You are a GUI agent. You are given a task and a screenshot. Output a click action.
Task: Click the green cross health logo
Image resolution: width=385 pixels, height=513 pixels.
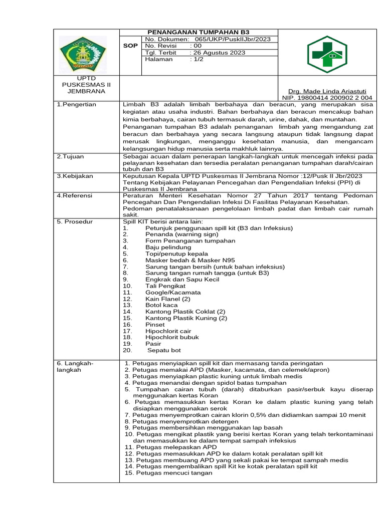click(327, 54)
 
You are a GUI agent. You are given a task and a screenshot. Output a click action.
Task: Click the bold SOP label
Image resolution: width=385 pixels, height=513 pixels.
click(130, 46)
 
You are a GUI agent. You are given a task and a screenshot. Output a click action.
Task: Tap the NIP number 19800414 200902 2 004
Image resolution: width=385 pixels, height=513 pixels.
click(328, 98)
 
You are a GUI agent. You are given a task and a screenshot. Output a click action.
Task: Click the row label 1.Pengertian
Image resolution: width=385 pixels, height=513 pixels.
click(76, 104)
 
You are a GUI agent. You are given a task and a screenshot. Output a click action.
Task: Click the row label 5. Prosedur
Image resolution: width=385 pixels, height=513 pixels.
click(75, 221)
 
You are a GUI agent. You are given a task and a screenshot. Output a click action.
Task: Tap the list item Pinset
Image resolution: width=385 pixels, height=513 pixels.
click(155, 324)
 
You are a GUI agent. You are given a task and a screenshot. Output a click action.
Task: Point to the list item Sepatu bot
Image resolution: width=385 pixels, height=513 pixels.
click(163, 350)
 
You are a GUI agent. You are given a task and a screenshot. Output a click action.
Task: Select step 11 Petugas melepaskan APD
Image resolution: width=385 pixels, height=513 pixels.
click(171, 446)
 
